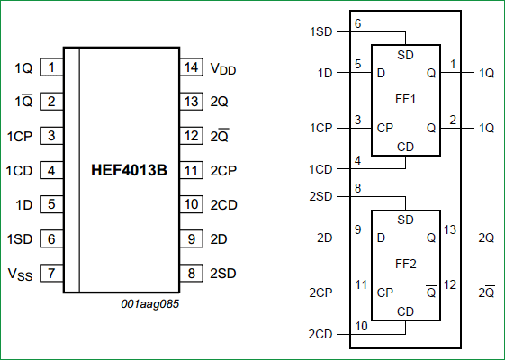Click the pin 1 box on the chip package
point(53,67)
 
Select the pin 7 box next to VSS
point(53,273)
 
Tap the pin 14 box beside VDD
point(191,67)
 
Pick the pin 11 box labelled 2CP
point(191,170)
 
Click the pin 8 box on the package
point(191,273)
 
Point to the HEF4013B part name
point(129,170)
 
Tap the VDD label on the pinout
point(223,68)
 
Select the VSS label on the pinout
point(20,274)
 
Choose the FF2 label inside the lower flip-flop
point(406,265)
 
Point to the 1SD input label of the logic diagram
point(320,31)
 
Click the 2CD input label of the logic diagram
point(320,334)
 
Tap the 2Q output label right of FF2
point(486,238)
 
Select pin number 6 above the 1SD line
point(357,22)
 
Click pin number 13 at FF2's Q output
point(451,229)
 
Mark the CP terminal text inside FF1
point(384,128)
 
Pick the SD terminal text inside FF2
point(406,220)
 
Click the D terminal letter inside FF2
point(381,238)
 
